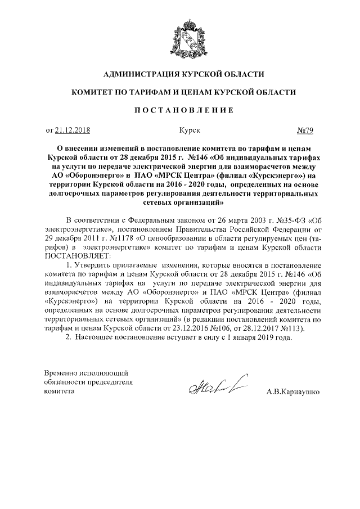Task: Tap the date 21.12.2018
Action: [x=73, y=130]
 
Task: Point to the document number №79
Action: [x=304, y=130]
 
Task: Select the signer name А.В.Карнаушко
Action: [x=293, y=393]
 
